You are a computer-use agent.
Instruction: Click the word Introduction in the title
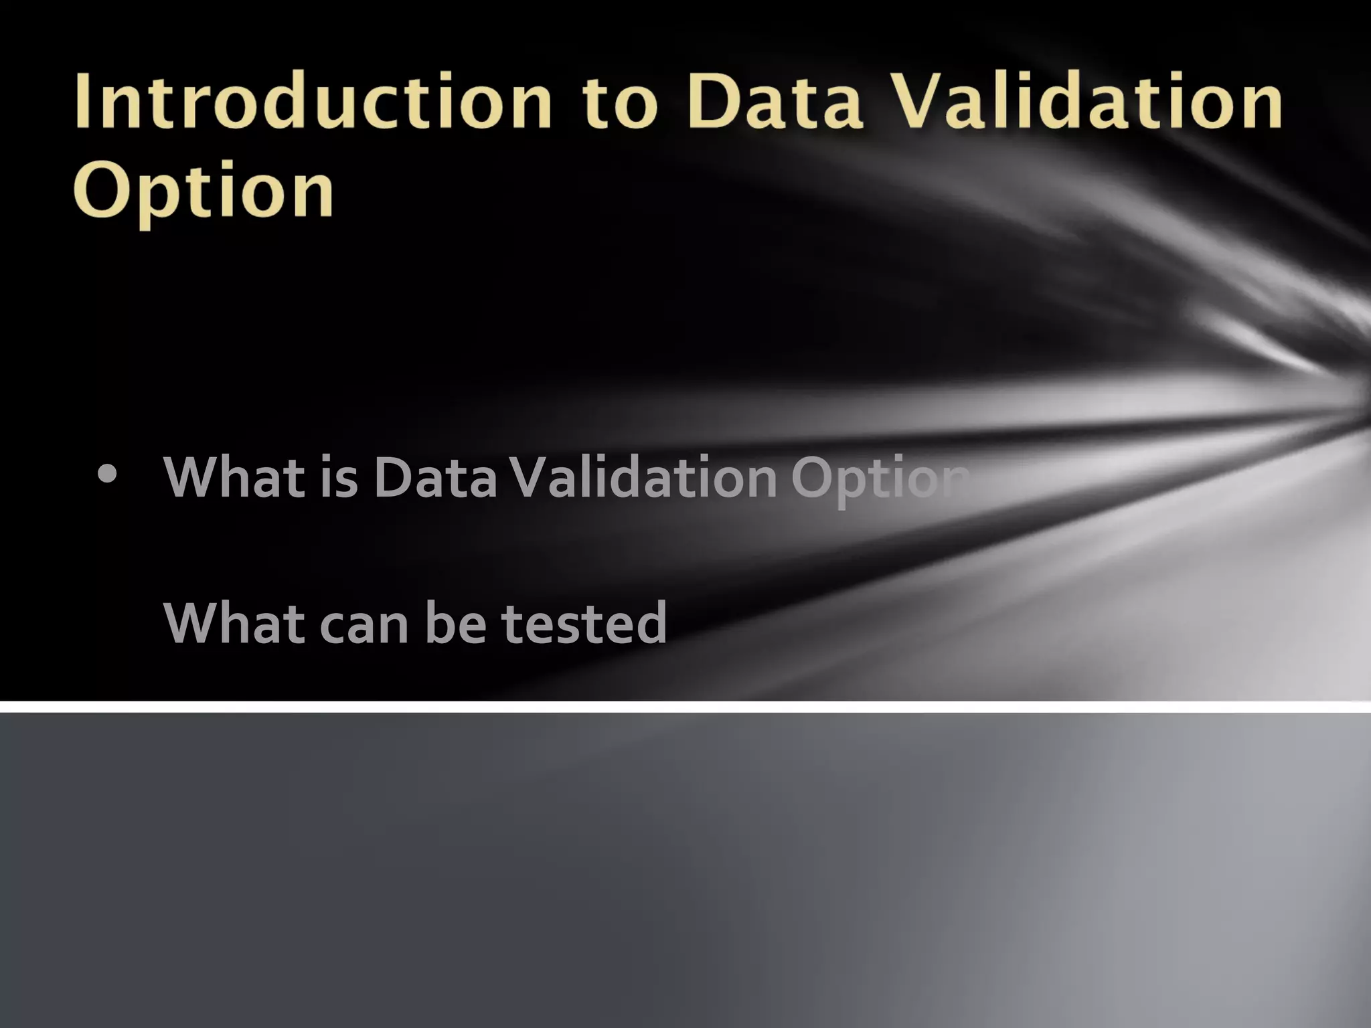click(x=313, y=102)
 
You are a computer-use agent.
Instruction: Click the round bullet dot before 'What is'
click(x=106, y=474)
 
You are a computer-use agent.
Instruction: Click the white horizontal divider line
click(x=685, y=707)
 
